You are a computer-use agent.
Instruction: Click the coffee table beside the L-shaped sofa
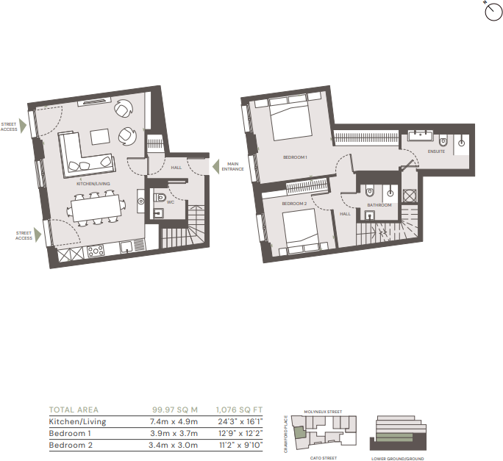tap(99, 137)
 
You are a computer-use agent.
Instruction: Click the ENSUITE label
tap(437, 151)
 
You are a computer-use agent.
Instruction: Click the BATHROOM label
tap(379, 205)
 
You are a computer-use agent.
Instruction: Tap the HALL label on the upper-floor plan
tap(345, 213)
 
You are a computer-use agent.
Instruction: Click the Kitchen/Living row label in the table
tap(77, 422)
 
